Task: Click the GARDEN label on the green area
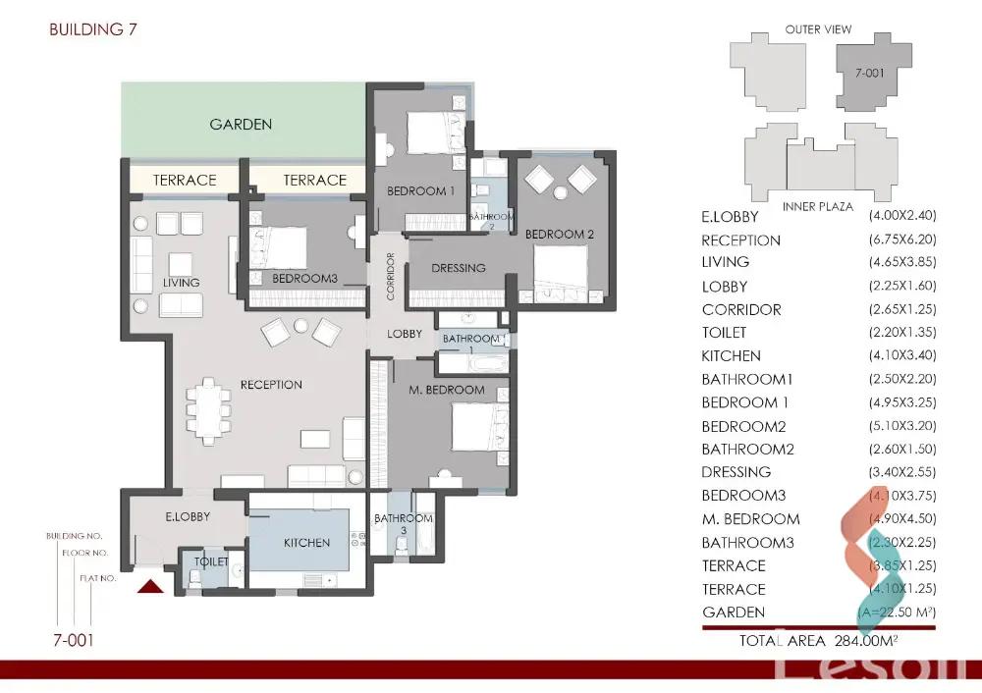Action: click(x=241, y=125)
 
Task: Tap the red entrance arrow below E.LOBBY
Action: click(x=151, y=586)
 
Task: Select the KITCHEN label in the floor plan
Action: click(x=307, y=543)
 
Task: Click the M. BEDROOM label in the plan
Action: click(x=447, y=390)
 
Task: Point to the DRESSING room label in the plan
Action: click(x=459, y=268)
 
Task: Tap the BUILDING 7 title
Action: click(x=93, y=29)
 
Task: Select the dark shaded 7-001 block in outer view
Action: click(x=867, y=73)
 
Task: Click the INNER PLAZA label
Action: click(x=816, y=207)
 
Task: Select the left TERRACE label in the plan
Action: click(x=185, y=181)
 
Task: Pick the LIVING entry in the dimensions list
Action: click(x=726, y=262)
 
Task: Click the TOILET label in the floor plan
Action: click(x=211, y=562)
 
